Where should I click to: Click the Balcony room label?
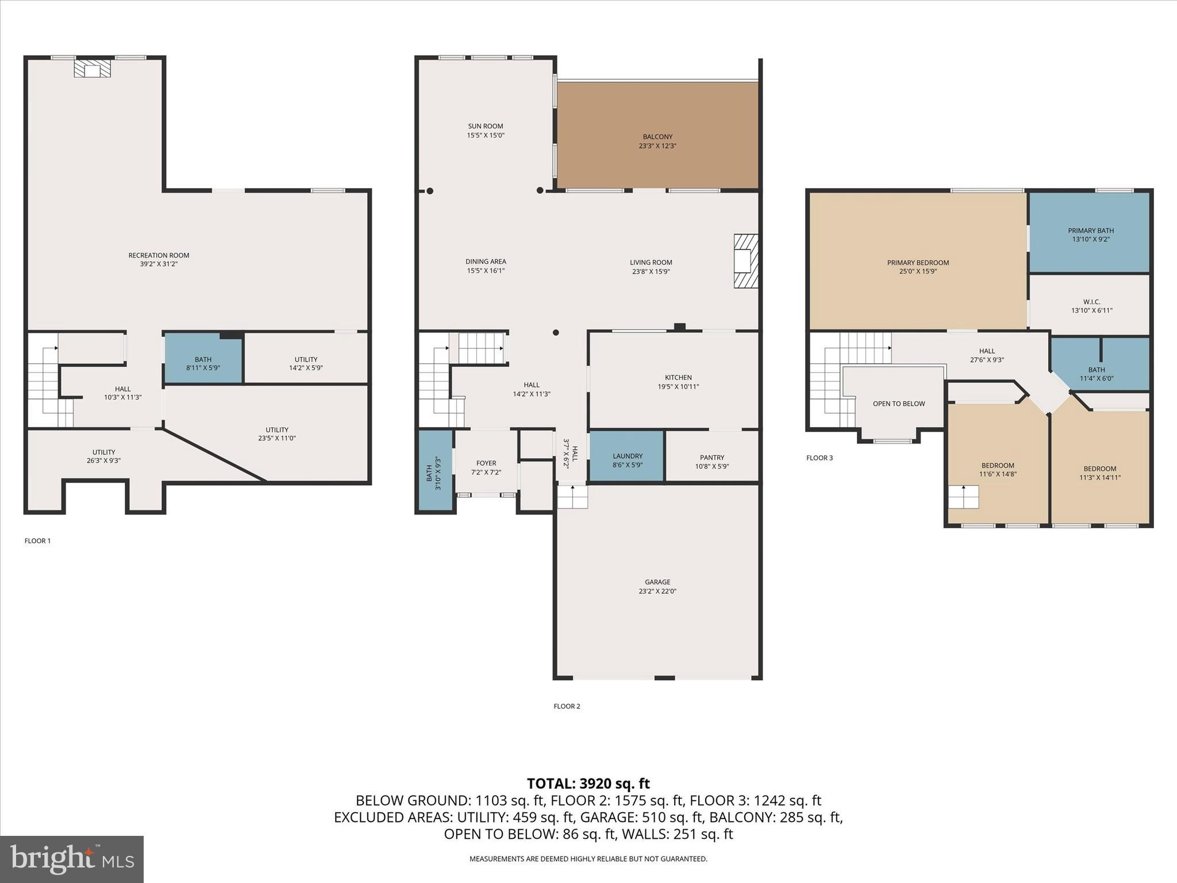657,137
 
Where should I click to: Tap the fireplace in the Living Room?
745,260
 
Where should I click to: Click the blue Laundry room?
627,455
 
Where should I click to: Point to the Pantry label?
711,458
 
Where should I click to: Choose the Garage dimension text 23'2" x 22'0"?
657,591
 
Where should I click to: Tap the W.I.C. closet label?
1091,302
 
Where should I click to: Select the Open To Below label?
898,404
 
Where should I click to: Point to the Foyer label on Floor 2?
486,463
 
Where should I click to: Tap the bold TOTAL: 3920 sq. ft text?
588,784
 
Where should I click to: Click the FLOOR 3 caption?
819,458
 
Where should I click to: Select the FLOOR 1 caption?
37,541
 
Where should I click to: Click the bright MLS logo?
71,859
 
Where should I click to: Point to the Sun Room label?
485,126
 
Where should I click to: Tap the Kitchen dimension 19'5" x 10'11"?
678,387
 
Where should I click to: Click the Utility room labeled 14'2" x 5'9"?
306,363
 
